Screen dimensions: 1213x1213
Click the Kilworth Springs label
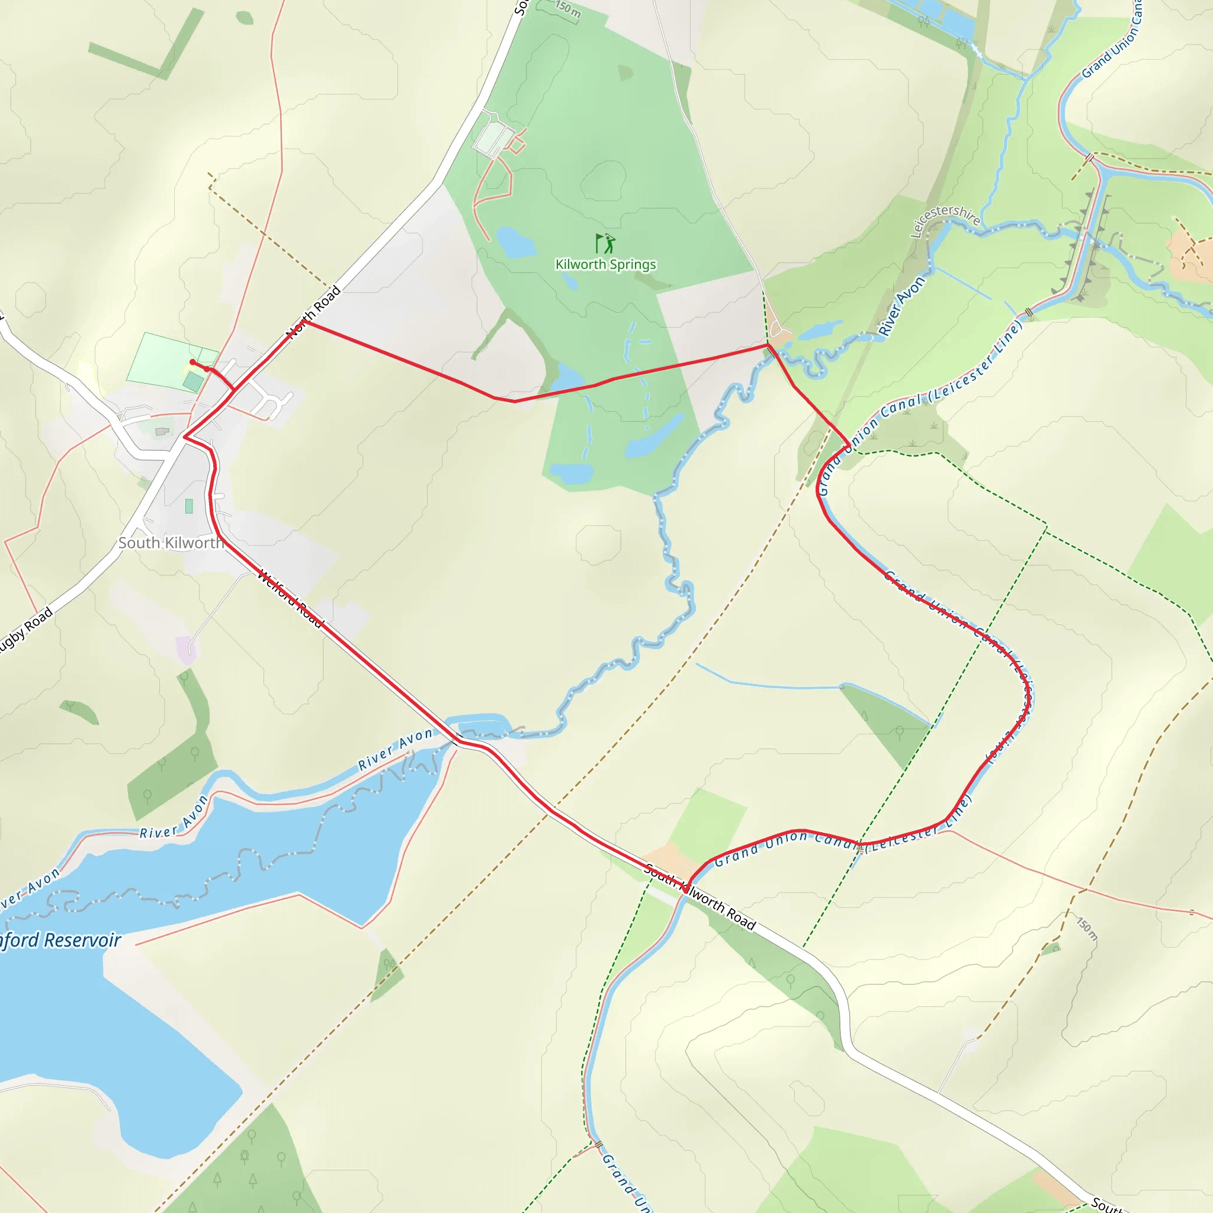pyautogui.click(x=605, y=264)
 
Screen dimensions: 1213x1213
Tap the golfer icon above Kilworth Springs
pyautogui.click(x=605, y=243)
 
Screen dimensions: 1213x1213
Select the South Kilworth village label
pyautogui.click(x=171, y=543)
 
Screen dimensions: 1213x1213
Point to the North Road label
pyautogui.click(x=313, y=312)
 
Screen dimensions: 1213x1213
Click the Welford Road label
pyautogui.click(x=290, y=598)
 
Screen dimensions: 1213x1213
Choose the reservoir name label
pyautogui.click(x=60, y=940)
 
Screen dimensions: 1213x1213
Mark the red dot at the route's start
pyautogui.click(x=192, y=362)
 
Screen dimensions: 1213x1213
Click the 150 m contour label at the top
pyautogui.click(x=567, y=8)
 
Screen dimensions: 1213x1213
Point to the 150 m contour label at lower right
pyautogui.click(x=1087, y=929)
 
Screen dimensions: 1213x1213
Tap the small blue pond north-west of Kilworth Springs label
pyautogui.click(x=516, y=243)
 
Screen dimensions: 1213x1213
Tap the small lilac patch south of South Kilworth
pyautogui.click(x=187, y=650)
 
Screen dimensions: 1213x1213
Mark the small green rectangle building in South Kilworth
pyautogui.click(x=189, y=506)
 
